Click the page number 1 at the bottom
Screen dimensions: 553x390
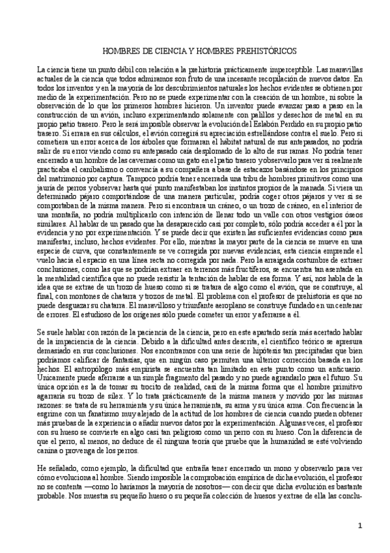tap(360, 526)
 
